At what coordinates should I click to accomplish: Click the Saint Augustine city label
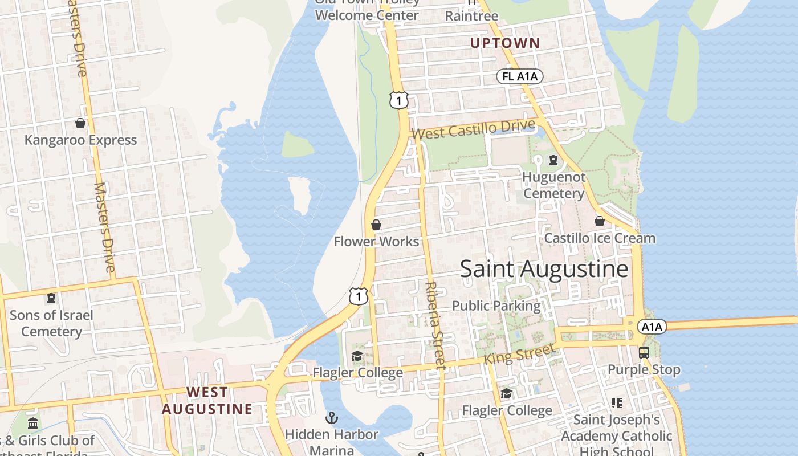(x=544, y=268)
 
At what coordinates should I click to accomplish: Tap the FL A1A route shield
(x=519, y=76)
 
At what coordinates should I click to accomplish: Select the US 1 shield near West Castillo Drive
(x=399, y=101)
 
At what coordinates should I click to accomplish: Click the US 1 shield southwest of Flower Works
(x=358, y=296)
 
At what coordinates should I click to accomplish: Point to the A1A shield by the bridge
(x=652, y=327)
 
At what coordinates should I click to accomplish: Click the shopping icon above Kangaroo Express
(x=80, y=123)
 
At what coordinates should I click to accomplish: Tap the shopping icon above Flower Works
(x=376, y=225)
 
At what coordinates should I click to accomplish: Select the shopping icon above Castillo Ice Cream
(x=600, y=221)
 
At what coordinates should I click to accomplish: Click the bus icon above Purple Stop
(x=644, y=353)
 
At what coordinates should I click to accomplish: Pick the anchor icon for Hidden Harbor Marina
(x=332, y=418)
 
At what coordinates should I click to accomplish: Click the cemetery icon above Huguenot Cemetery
(x=553, y=160)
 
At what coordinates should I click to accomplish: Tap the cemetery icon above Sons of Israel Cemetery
(x=51, y=298)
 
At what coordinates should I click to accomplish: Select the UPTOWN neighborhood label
(x=504, y=43)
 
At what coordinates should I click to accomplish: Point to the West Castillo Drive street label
(x=474, y=130)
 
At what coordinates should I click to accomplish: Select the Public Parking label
(x=496, y=306)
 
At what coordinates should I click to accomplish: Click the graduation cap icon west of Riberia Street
(x=357, y=356)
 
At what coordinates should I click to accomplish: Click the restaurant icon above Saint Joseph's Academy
(x=616, y=403)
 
